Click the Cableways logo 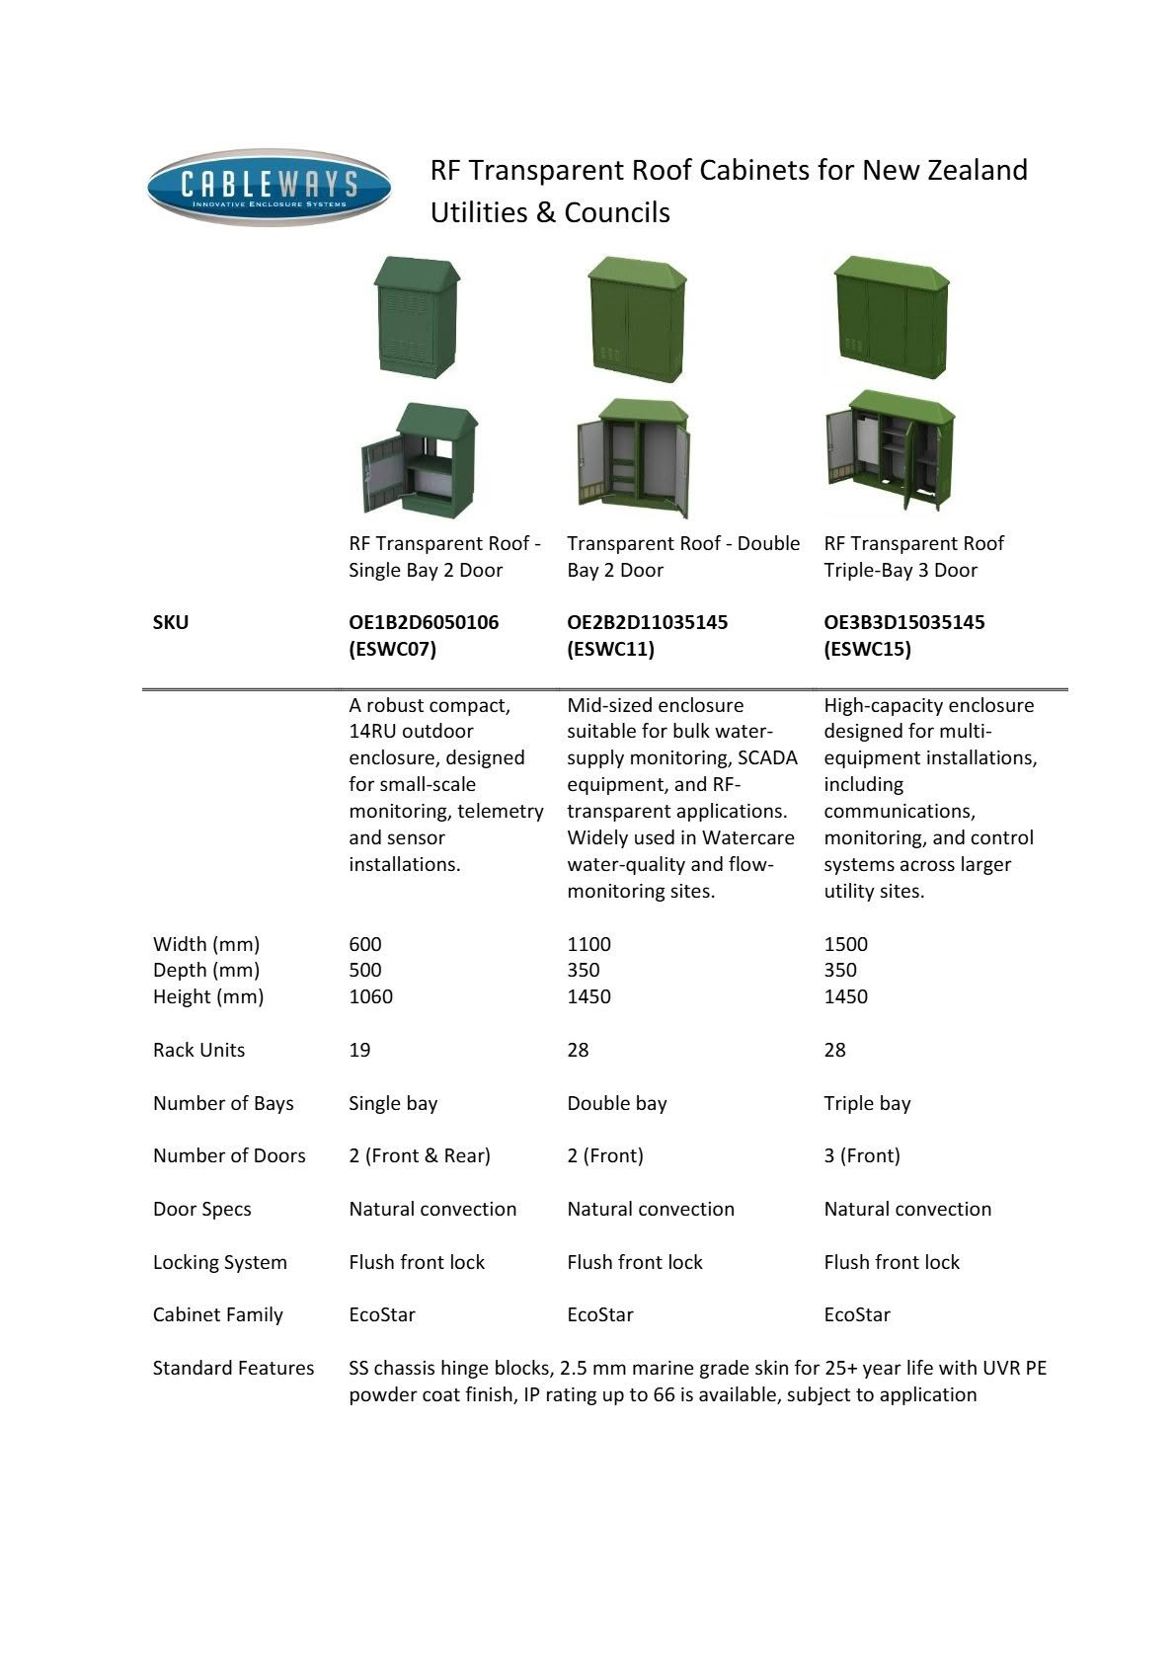pyautogui.click(x=269, y=187)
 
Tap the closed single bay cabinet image pyautogui.click(x=417, y=316)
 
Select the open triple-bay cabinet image pyautogui.click(x=890, y=451)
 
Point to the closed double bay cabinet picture pyautogui.click(x=637, y=319)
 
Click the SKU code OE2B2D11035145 pyautogui.click(x=647, y=622)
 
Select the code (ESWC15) pyautogui.click(x=867, y=649)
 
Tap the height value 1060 pyautogui.click(x=370, y=996)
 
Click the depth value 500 pyautogui.click(x=364, y=970)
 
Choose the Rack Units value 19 pyautogui.click(x=359, y=1050)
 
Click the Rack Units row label pyautogui.click(x=198, y=1050)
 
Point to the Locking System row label pyautogui.click(x=219, y=1262)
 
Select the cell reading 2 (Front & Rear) pyautogui.click(x=419, y=1155)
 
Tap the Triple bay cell pyautogui.click(x=867, y=1103)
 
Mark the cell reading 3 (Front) pyautogui.click(x=861, y=1155)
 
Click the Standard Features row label pyautogui.click(x=233, y=1368)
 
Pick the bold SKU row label pyautogui.click(x=170, y=622)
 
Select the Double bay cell pyautogui.click(x=616, y=1103)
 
